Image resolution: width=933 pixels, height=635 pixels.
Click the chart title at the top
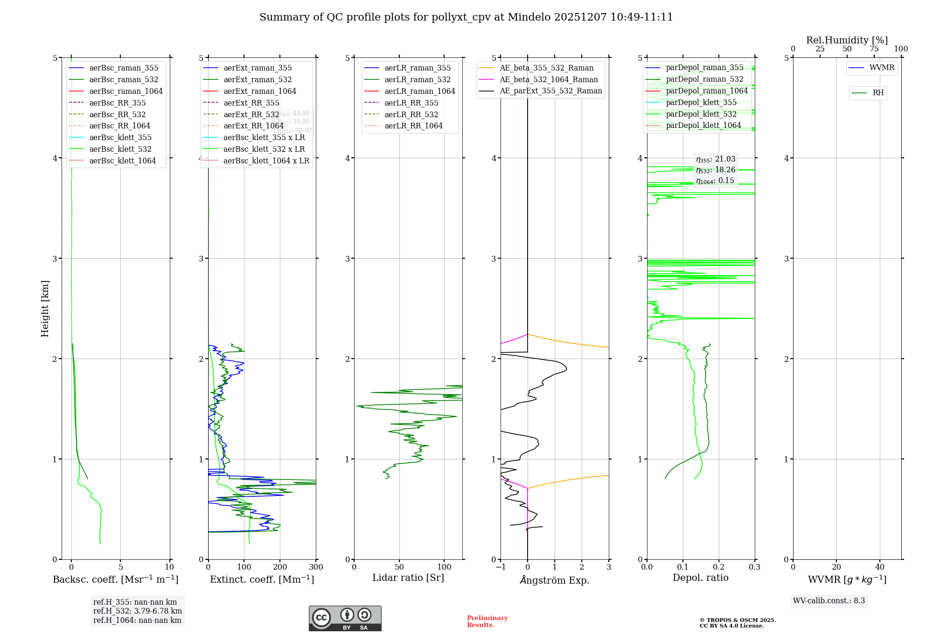466,17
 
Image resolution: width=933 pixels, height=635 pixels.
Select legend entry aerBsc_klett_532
120,149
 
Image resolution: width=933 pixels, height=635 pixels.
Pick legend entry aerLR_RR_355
411,103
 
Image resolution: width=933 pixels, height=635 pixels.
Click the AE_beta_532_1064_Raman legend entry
549,80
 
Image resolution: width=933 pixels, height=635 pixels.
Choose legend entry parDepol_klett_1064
703,126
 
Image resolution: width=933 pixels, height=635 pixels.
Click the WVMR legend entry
881,68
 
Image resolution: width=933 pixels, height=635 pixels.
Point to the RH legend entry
878,93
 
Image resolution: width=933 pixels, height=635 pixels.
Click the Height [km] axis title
45,309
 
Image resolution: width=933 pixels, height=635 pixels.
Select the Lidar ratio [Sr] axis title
408,578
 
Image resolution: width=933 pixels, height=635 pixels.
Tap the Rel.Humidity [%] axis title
847,40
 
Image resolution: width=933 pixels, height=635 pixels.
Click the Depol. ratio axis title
700,578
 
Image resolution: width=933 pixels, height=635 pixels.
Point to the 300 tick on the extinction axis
316,567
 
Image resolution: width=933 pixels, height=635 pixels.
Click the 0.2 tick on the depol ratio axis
719,567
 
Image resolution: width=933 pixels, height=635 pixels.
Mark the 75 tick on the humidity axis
874,49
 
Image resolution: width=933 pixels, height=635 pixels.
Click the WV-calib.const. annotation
829,601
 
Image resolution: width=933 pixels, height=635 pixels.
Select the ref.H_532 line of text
137,611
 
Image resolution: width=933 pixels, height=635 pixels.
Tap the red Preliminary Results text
487,621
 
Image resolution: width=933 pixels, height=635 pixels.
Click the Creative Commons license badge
345,619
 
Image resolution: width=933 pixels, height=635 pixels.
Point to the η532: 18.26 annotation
716,170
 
